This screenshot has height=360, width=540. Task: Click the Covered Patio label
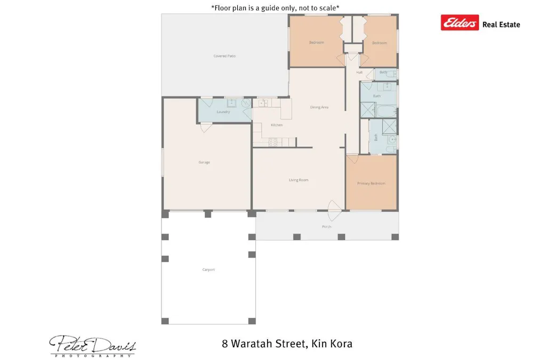coord(224,56)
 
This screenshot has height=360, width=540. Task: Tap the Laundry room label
coord(223,112)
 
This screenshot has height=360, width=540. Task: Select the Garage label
coord(204,162)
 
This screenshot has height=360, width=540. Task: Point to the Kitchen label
coord(277,125)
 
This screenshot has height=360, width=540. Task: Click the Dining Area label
coord(319,107)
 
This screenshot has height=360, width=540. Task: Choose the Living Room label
coord(299,180)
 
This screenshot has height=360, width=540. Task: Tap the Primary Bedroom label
coord(371,183)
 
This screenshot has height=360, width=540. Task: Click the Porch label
coord(327,227)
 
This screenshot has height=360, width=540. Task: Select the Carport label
coord(208,270)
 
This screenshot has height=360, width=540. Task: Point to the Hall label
coord(359,72)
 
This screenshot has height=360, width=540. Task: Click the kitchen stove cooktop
coord(273,142)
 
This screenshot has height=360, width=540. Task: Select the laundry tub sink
coord(232,103)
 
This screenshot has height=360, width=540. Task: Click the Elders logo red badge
coord(460,22)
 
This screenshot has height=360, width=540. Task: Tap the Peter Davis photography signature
coord(93,345)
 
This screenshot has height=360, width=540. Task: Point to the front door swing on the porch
coord(334,211)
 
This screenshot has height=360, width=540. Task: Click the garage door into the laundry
coord(206,127)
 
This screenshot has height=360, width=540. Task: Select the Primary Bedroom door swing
coord(353,158)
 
